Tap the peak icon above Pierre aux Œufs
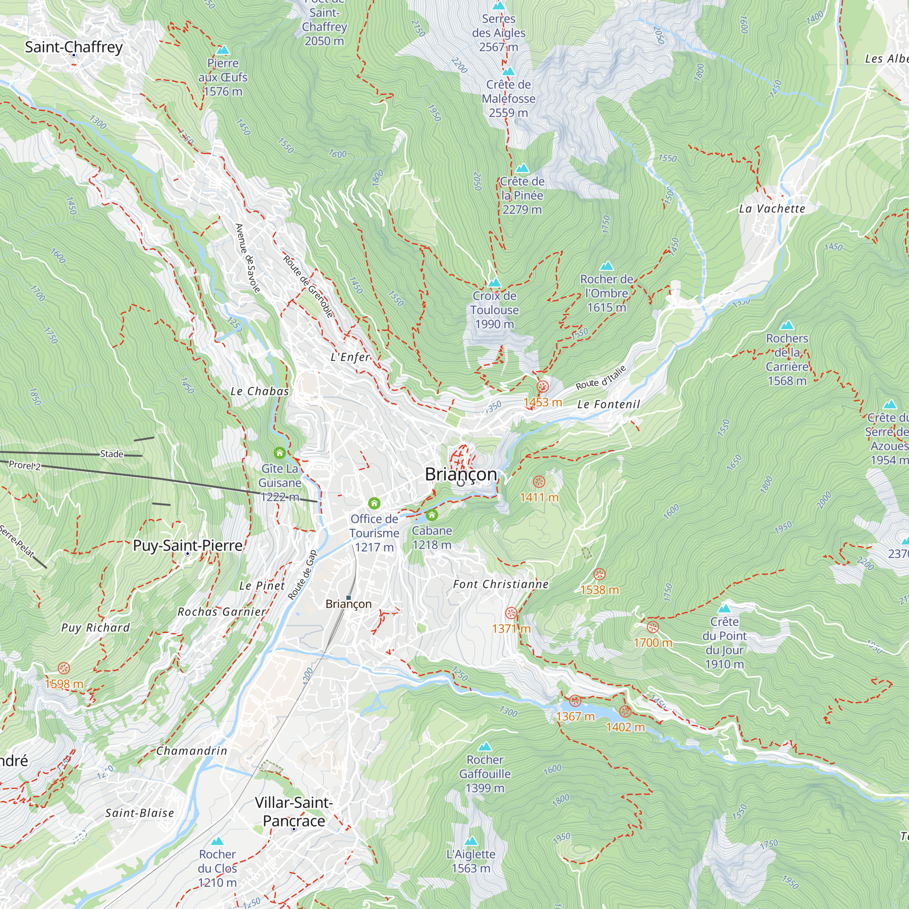(x=223, y=50)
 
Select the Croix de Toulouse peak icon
(x=494, y=283)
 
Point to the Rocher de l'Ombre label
(x=606, y=293)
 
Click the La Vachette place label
(x=772, y=209)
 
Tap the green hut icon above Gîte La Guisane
(x=280, y=453)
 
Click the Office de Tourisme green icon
(x=374, y=504)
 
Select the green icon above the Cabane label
(x=432, y=515)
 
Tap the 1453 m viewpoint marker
(x=543, y=387)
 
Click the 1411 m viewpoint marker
(x=539, y=482)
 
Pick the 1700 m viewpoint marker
(x=653, y=627)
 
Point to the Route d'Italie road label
(x=601, y=378)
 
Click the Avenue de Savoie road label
(x=248, y=258)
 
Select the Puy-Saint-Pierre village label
(x=187, y=545)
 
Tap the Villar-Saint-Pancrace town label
(x=294, y=812)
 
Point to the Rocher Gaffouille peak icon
(x=484, y=747)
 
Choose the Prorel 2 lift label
(x=25, y=465)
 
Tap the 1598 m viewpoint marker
(x=64, y=669)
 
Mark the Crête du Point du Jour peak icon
(x=724, y=609)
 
